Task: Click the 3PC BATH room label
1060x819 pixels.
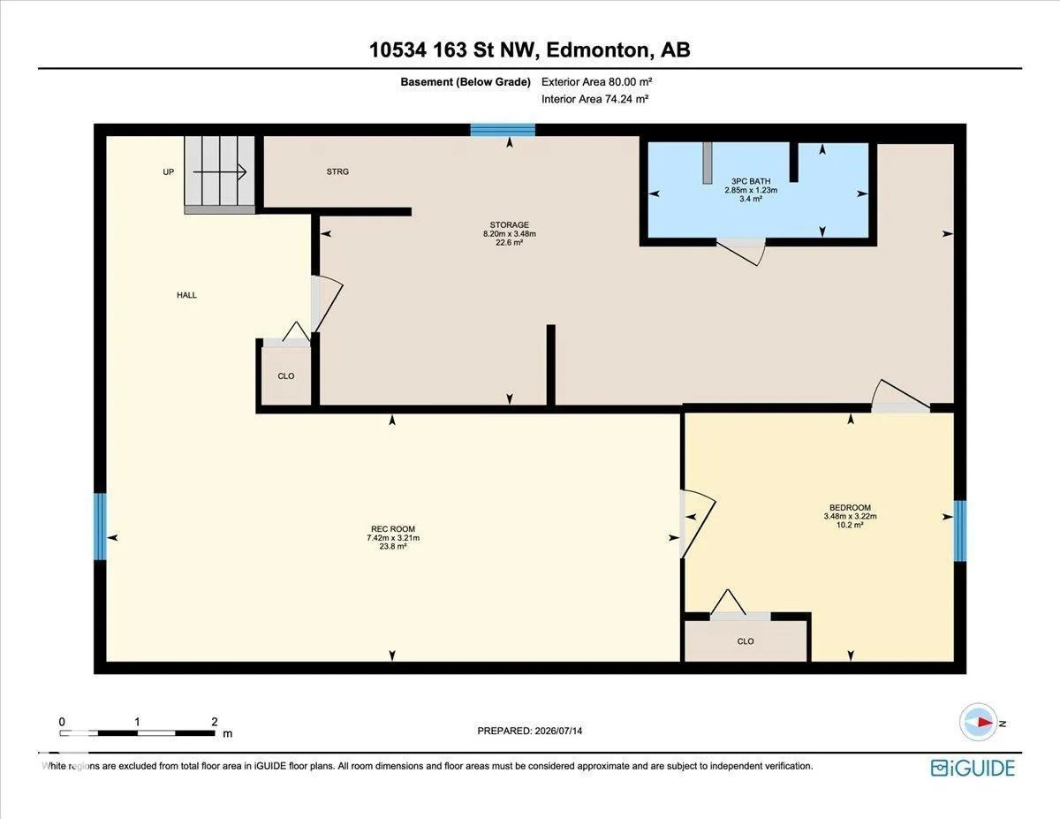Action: (751, 181)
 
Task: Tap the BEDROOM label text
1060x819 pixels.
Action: (851, 507)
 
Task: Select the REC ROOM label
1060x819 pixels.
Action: (393, 528)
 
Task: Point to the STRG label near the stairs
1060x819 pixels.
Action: (337, 171)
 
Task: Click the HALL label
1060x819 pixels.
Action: (187, 295)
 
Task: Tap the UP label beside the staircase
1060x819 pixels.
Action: (169, 172)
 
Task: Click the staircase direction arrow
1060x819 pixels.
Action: (220, 171)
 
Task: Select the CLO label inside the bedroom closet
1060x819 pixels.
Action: (746, 641)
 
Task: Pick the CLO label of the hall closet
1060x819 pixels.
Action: (286, 376)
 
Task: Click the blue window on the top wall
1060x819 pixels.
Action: (503, 130)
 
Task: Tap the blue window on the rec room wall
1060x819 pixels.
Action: (100, 527)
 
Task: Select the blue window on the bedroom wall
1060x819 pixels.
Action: (959, 531)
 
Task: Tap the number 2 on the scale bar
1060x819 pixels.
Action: (214, 722)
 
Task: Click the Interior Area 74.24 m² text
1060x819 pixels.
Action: (594, 99)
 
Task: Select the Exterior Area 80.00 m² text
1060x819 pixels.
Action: (596, 82)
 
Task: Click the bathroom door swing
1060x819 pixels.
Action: (741, 252)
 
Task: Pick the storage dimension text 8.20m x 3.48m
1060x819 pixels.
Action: (510, 233)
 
